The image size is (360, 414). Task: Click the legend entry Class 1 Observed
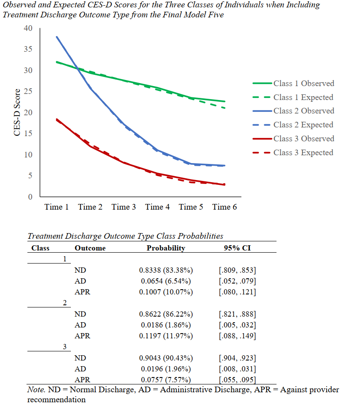(x=303, y=83)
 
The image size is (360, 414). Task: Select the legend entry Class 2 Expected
(x=303, y=125)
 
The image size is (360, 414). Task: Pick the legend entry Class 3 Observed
(x=303, y=139)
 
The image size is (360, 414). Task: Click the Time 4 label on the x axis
(x=157, y=207)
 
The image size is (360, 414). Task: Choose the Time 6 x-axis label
(x=224, y=207)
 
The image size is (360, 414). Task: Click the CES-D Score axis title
(x=17, y=113)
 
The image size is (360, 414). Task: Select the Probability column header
(x=166, y=248)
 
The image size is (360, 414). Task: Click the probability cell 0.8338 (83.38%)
(x=166, y=270)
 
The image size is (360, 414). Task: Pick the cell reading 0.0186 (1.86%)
(x=166, y=325)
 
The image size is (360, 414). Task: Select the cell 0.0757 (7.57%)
(x=166, y=380)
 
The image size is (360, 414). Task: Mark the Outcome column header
(x=90, y=248)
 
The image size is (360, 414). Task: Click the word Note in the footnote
(x=35, y=390)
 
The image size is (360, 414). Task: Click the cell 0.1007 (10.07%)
(x=166, y=292)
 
